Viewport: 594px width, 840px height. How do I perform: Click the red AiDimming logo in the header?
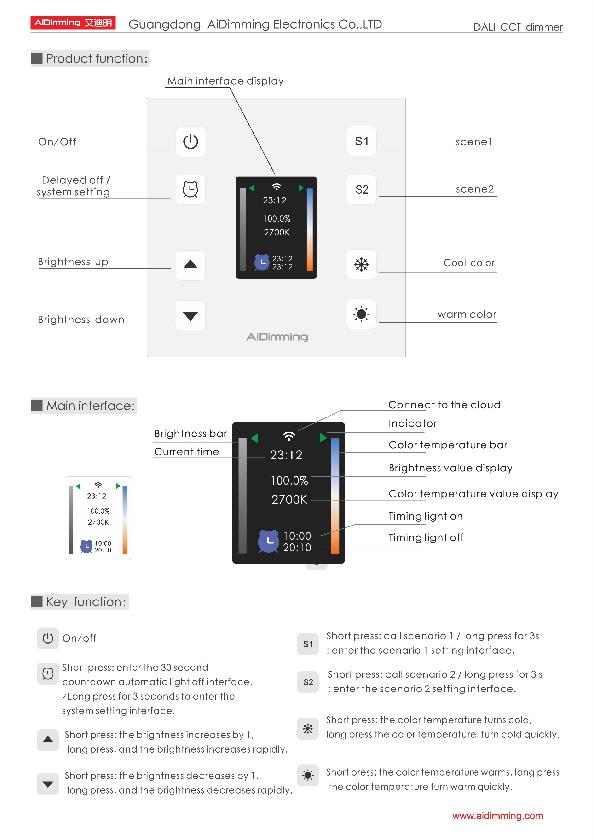point(73,23)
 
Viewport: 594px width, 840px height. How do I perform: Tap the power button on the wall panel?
point(190,142)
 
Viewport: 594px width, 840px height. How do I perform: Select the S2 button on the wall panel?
point(362,189)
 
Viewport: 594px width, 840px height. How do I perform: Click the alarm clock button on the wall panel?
point(190,189)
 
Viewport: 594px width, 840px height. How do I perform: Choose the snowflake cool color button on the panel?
point(361,264)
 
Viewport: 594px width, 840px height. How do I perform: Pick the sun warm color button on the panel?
point(361,314)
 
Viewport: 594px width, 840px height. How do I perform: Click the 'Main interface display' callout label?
point(225,81)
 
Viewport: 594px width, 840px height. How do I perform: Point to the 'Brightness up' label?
point(73,262)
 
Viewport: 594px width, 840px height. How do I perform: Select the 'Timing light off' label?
point(426,537)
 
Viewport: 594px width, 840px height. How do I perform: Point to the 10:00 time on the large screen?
point(297,536)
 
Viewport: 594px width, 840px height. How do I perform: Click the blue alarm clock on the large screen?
point(268,541)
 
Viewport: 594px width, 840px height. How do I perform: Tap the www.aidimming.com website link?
point(497,816)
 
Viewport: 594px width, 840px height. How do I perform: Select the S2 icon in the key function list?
point(308,682)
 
